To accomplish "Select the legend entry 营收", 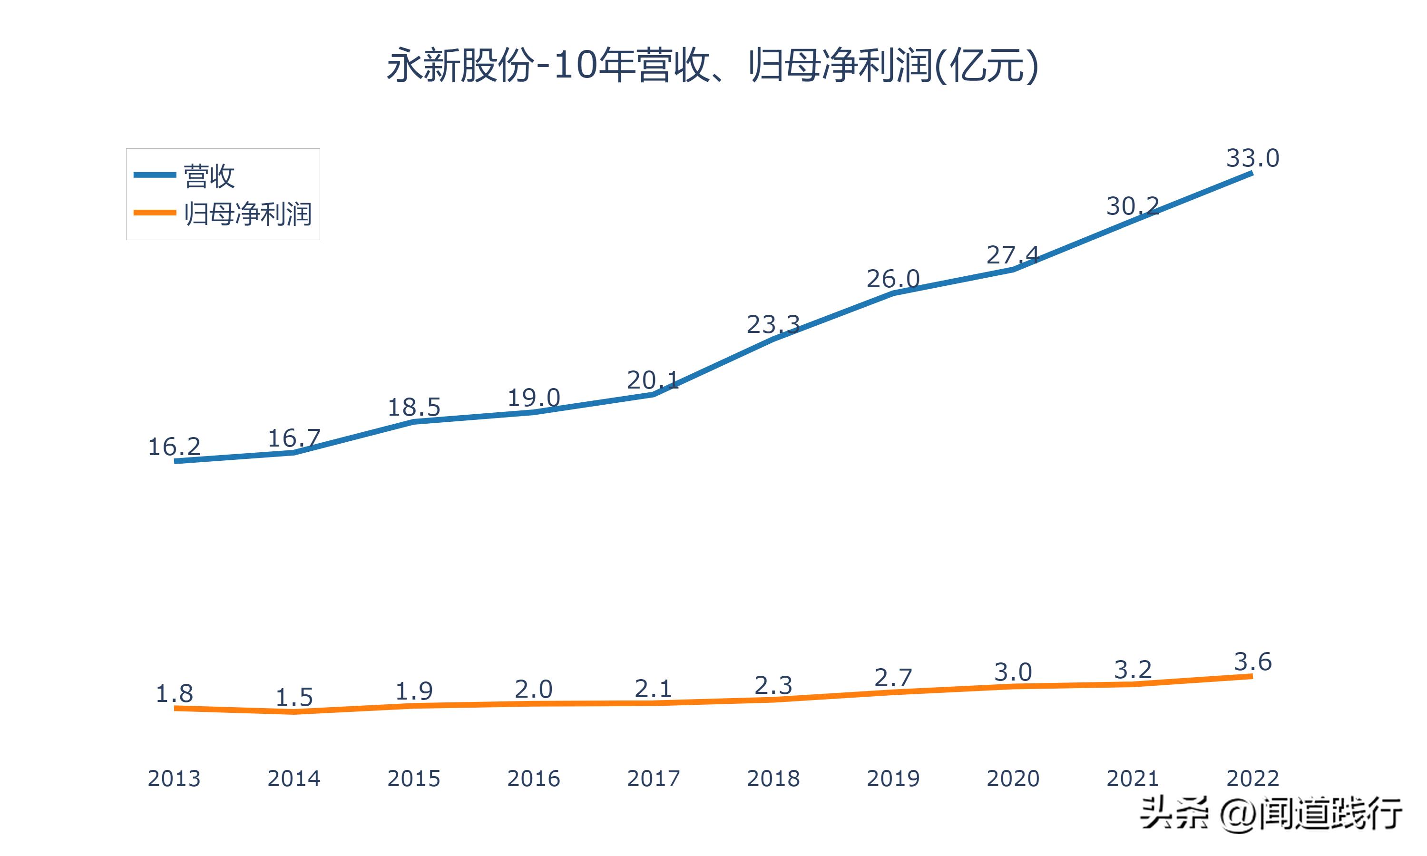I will [x=209, y=175].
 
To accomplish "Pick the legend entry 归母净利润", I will [x=247, y=214].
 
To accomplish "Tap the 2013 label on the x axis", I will [x=174, y=778].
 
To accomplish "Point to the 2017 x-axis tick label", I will [x=653, y=778].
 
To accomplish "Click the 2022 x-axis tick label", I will [x=1252, y=778].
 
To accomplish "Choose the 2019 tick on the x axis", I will [x=893, y=778].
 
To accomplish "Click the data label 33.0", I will [x=1252, y=157].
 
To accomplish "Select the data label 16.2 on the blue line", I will [x=174, y=447].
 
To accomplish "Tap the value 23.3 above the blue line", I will [x=773, y=325].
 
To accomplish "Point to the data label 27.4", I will [x=1012, y=255].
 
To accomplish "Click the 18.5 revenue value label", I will [x=413, y=407].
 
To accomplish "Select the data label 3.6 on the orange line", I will [x=1252, y=661].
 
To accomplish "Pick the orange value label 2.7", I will [x=893, y=678].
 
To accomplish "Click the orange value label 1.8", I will [x=174, y=694].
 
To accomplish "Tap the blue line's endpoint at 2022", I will [x=1251, y=173].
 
